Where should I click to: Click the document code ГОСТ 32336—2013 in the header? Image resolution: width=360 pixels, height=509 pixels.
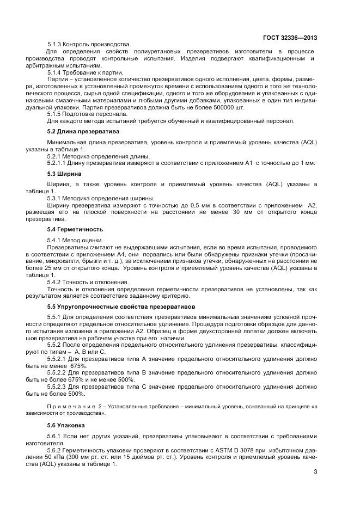tap(290, 38)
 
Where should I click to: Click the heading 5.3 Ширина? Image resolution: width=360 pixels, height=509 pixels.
tap(64, 174)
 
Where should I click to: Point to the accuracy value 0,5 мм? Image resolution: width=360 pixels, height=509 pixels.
tap(192, 205)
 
